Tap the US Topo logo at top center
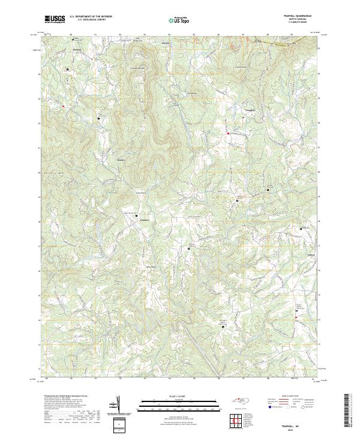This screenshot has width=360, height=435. click(178, 20)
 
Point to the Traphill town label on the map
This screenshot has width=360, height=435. click(251, 111)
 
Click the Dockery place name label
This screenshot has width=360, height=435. click(143, 220)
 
